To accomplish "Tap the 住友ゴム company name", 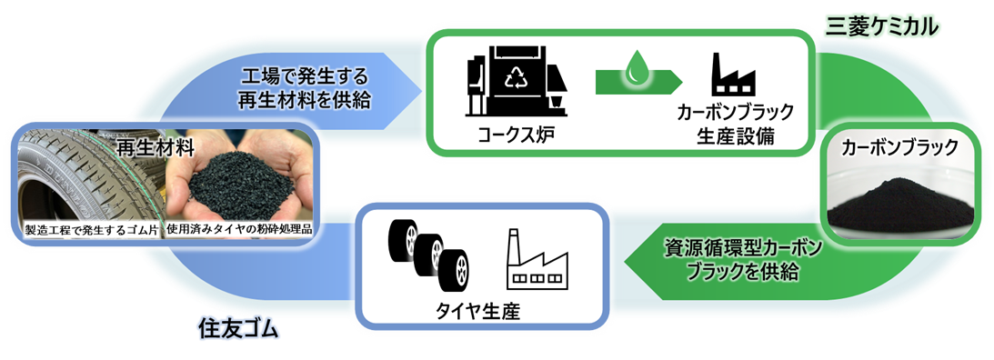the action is [238, 328].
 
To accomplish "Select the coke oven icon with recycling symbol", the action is [517, 80].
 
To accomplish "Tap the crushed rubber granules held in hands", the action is [242, 182].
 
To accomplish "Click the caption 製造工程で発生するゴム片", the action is [94, 228].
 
